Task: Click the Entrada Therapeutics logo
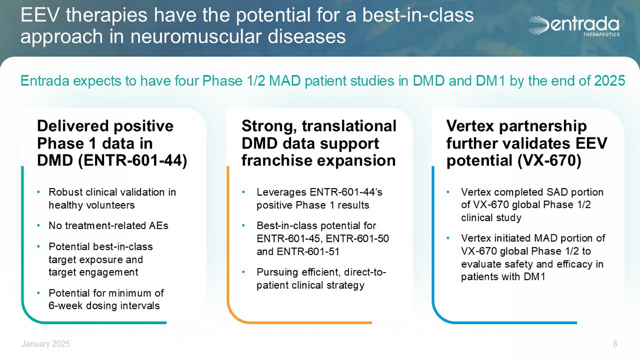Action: click(x=574, y=26)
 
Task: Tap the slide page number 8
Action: click(x=615, y=344)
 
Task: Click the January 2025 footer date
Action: click(x=46, y=344)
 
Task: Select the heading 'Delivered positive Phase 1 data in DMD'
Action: click(x=112, y=143)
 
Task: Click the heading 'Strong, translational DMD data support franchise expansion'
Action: click(x=319, y=143)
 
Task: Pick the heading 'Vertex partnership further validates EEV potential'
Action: click(x=527, y=143)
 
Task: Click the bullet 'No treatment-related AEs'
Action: click(x=108, y=226)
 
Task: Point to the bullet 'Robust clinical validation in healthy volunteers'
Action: click(x=112, y=199)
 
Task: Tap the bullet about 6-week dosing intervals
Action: click(x=106, y=299)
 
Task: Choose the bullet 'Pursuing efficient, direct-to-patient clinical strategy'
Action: click(x=321, y=279)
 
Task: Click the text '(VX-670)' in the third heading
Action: click(x=550, y=160)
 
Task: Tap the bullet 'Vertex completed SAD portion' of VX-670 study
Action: click(x=532, y=205)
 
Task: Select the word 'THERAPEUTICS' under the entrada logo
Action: click(x=601, y=35)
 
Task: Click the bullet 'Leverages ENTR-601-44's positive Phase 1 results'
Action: click(x=320, y=199)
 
